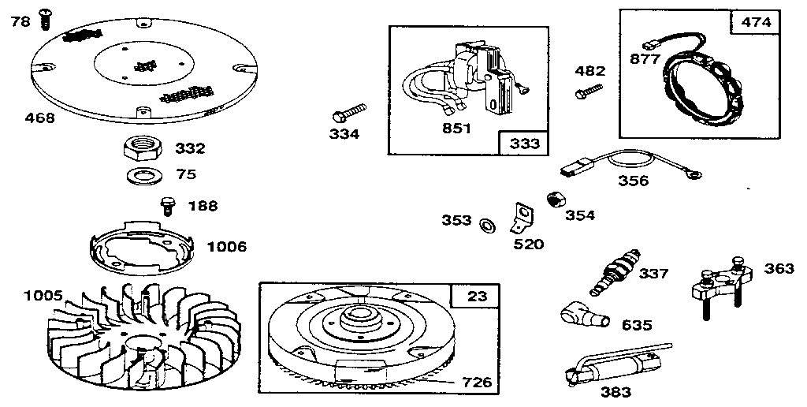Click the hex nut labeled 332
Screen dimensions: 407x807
(139, 147)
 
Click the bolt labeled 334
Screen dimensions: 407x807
(350, 110)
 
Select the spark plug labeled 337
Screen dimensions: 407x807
(615, 271)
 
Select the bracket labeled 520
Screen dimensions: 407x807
(520, 216)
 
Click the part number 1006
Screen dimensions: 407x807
(226, 247)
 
